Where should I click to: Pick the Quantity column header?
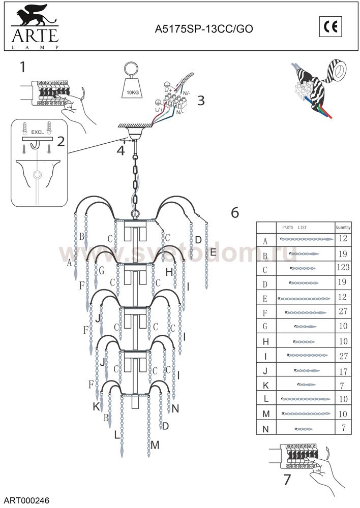[x=343, y=227]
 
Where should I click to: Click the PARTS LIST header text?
[x=294, y=227]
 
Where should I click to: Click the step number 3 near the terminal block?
[x=201, y=100]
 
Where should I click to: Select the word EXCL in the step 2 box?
[x=38, y=132]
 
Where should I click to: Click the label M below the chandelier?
[x=155, y=445]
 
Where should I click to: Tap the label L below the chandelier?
[x=117, y=435]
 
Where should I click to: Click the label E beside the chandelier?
[x=213, y=252]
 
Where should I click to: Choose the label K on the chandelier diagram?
[x=96, y=406]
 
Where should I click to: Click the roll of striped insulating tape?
[x=336, y=71]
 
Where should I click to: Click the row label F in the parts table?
[x=265, y=312]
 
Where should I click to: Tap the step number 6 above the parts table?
[x=234, y=212]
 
